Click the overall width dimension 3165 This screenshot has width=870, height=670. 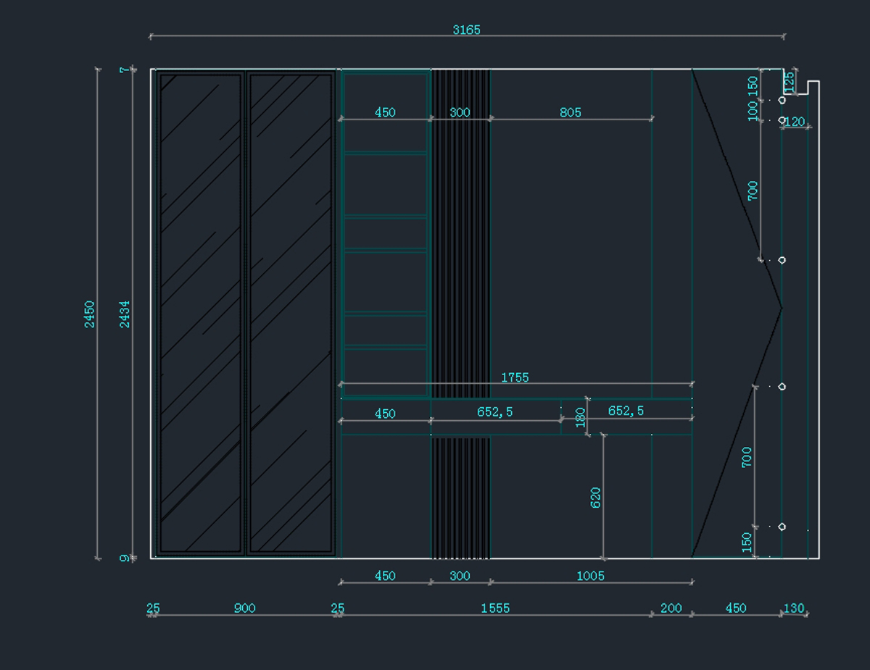tap(466, 30)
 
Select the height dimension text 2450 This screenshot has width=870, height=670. tap(89, 314)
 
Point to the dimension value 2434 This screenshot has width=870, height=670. tap(125, 314)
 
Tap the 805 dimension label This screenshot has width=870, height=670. tap(571, 112)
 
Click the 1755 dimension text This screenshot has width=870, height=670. tap(515, 377)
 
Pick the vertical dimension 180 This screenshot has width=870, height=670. tap(580, 417)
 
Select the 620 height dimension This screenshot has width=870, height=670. tap(595, 498)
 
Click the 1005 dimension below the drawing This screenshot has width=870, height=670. tap(591, 576)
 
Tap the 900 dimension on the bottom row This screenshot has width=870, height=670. tap(244, 608)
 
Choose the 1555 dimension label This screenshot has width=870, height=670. tap(495, 608)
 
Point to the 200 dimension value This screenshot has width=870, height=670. tap(671, 608)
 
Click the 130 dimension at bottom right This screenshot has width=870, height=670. tap(794, 608)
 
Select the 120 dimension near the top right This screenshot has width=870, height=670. tap(795, 122)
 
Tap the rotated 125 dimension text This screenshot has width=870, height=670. tap(789, 82)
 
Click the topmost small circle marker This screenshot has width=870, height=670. tap(782, 100)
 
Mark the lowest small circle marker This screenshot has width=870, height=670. tap(782, 527)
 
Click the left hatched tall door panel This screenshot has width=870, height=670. tap(201, 313)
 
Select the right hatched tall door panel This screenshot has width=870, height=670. tap(291, 313)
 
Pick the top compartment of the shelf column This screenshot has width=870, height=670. tap(386, 112)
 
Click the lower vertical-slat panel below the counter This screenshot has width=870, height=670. tap(461, 498)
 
